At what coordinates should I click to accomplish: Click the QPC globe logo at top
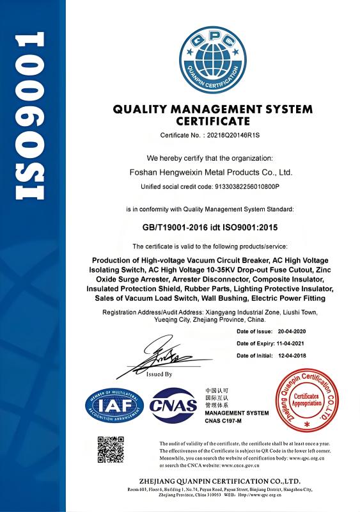[212, 51]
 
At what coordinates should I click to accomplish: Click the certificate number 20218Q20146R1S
[231, 135]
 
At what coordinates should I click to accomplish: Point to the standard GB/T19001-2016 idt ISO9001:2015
[210, 227]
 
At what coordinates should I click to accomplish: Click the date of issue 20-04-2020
[293, 332]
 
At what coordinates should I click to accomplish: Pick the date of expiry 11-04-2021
[293, 344]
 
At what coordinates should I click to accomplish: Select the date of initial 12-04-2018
[293, 355]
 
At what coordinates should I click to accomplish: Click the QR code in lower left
[110, 449]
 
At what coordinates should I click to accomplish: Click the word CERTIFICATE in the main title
[212, 120]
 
